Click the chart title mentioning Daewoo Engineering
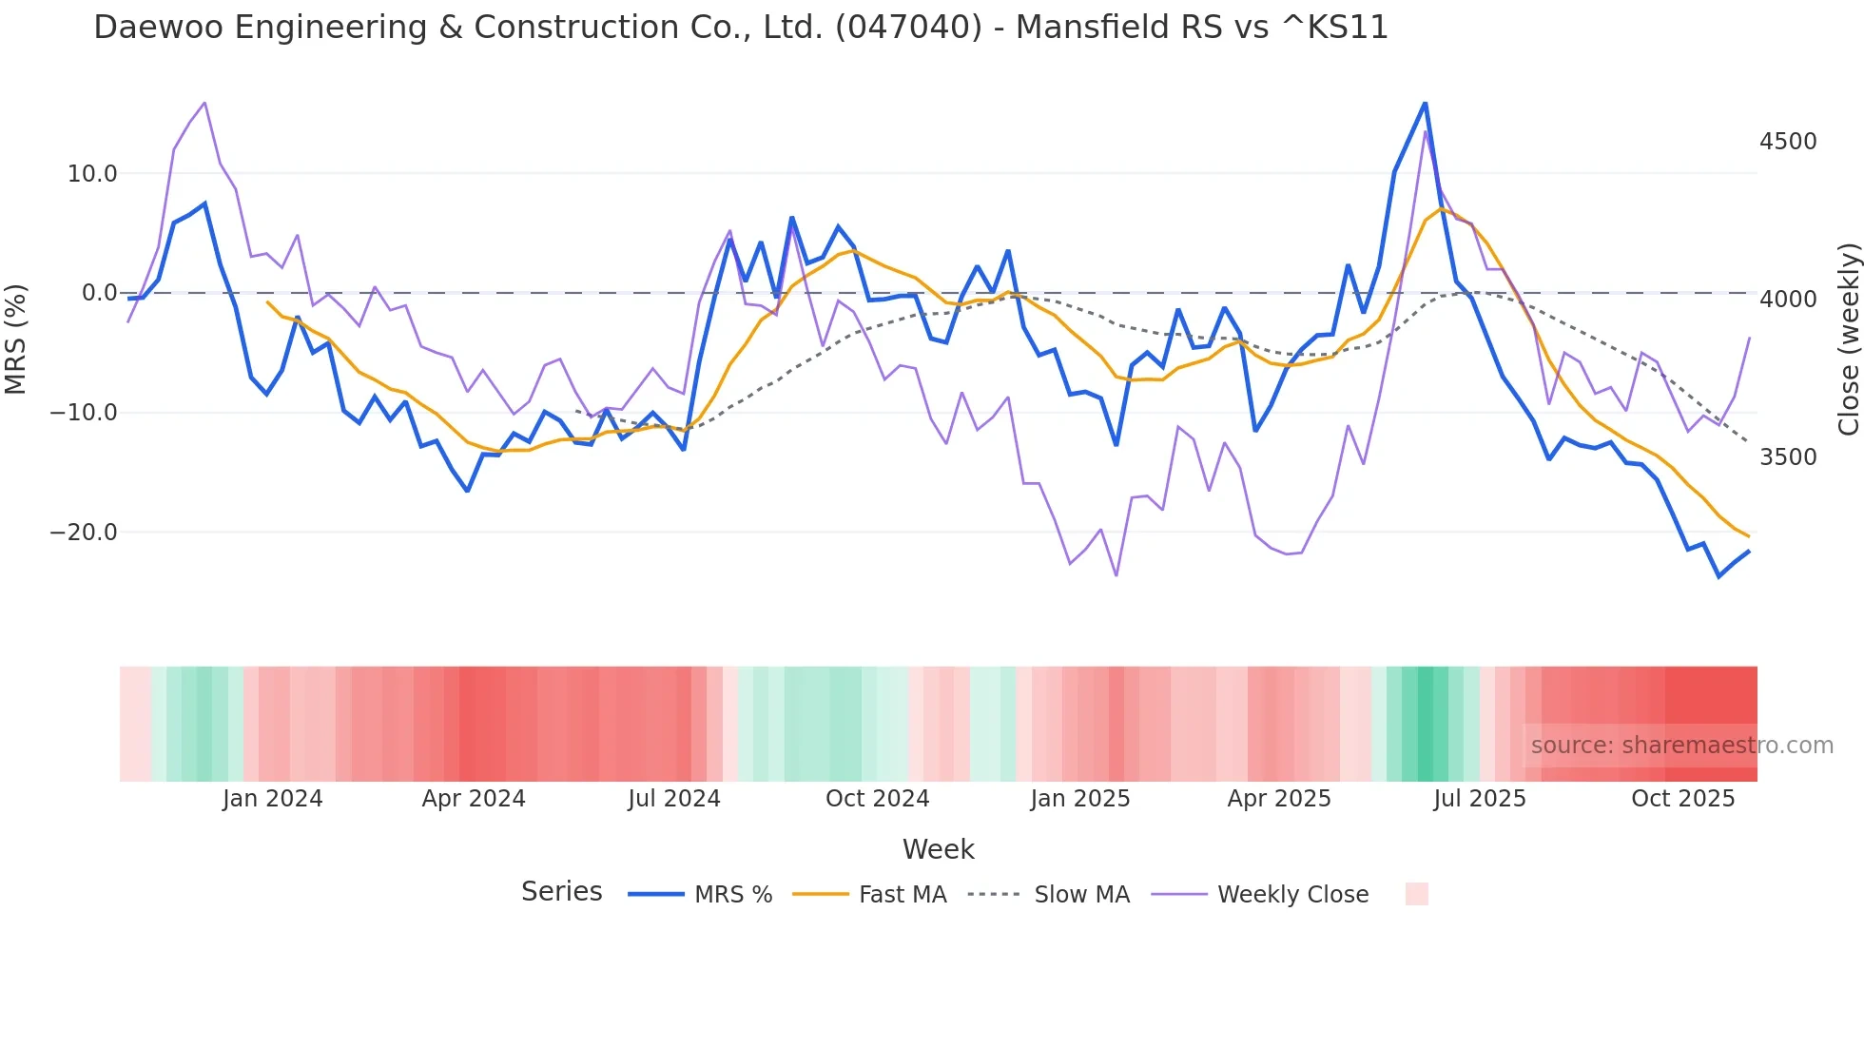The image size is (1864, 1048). (740, 28)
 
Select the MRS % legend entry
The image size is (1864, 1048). (732, 895)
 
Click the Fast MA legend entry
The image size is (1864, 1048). (902, 895)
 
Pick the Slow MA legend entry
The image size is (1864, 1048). (1081, 895)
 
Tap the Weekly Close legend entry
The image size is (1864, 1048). (1292, 895)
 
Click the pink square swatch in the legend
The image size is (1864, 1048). (1416, 894)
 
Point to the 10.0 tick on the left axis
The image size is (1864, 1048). (92, 174)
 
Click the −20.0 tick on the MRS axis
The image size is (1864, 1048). (84, 533)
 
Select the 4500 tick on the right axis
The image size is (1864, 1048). (1788, 142)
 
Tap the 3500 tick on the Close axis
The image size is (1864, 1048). (1788, 457)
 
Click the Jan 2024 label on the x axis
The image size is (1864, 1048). (273, 799)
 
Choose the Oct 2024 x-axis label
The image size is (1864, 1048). (877, 799)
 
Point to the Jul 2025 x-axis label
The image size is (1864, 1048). (1480, 799)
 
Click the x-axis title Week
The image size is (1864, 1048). (938, 849)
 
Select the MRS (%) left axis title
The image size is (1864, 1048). (16, 340)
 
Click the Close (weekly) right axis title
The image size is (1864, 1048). (1848, 340)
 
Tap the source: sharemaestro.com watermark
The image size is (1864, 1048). (1681, 746)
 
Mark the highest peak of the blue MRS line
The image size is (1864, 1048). (1425, 103)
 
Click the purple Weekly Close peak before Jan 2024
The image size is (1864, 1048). (204, 103)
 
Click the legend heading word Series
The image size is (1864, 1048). (561, 892)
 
